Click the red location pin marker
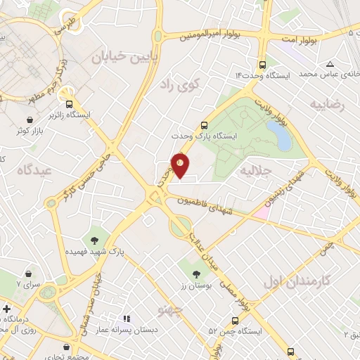[x=181, y=165]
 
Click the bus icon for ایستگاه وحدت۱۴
[x=262, y=62]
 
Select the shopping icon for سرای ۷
[x=28, y=273]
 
